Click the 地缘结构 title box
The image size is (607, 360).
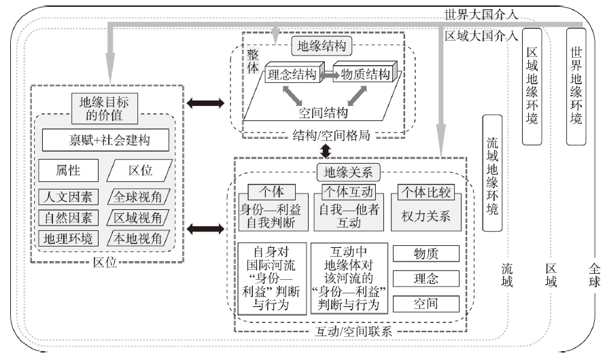point(322,46)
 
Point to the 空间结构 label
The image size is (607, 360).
point(323,113)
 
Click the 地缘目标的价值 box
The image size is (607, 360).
point(105,109)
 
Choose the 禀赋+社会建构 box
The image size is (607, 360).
point(105,140)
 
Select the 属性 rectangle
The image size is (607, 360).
point(69,170)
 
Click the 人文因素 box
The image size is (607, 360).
point(68,197)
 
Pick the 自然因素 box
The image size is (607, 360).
point(68,218)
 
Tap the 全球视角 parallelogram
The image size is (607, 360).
point(138,197)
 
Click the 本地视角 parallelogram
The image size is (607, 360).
point(138,238)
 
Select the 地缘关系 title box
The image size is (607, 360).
point(349,173)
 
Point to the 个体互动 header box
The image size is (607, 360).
point(349,192)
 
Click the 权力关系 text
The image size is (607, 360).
point(426,216)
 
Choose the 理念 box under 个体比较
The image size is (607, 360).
point(426,278)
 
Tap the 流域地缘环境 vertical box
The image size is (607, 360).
point(492,173)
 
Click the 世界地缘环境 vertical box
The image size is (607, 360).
point(576,86)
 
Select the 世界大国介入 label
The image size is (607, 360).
point(481,15)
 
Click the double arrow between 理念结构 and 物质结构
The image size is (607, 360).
point(328,75)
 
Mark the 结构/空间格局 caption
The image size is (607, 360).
point(332,135)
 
